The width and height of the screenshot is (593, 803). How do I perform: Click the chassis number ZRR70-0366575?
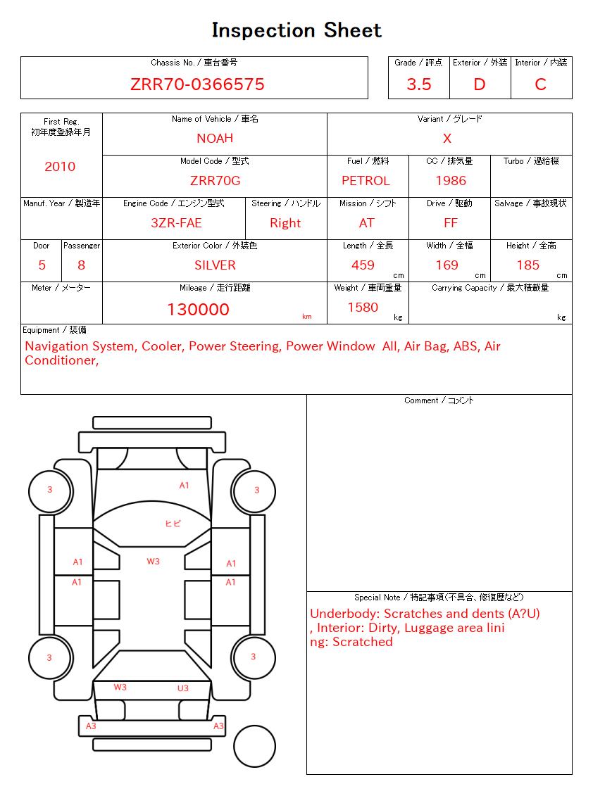tap(197, 84)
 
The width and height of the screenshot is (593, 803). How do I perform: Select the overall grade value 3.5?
tap(419, 84)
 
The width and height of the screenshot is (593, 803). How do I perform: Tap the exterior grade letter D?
tap(480, 84)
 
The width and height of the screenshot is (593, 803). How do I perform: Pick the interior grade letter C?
tap(540, 84)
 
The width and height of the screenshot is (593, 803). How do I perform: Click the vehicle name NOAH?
tap(215, 139)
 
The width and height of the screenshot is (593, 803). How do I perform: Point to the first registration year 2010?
tap(60, 167)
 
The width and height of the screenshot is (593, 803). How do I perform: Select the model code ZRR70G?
tap(215, 181)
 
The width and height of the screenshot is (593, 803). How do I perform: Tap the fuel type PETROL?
tap(366, 181)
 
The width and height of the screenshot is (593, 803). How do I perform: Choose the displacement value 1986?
tap(451, 181)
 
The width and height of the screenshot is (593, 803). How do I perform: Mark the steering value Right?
tap(285, 223)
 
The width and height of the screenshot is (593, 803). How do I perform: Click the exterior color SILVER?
tap(215, 265)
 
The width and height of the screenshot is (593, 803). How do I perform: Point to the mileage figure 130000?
tap(198, 310)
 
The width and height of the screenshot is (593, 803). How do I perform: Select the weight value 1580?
tap(363, 308)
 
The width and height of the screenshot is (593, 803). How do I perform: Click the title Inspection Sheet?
tap(296, 30)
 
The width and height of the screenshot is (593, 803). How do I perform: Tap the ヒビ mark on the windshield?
tap(173, 523)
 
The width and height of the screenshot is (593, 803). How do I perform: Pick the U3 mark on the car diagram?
tap(183, 688)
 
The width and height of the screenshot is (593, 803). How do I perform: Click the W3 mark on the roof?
tap(153, 562)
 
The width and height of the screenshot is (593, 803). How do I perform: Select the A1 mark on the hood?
tap(184, 486)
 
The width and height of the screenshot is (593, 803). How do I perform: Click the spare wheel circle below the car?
tap(254, 745)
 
